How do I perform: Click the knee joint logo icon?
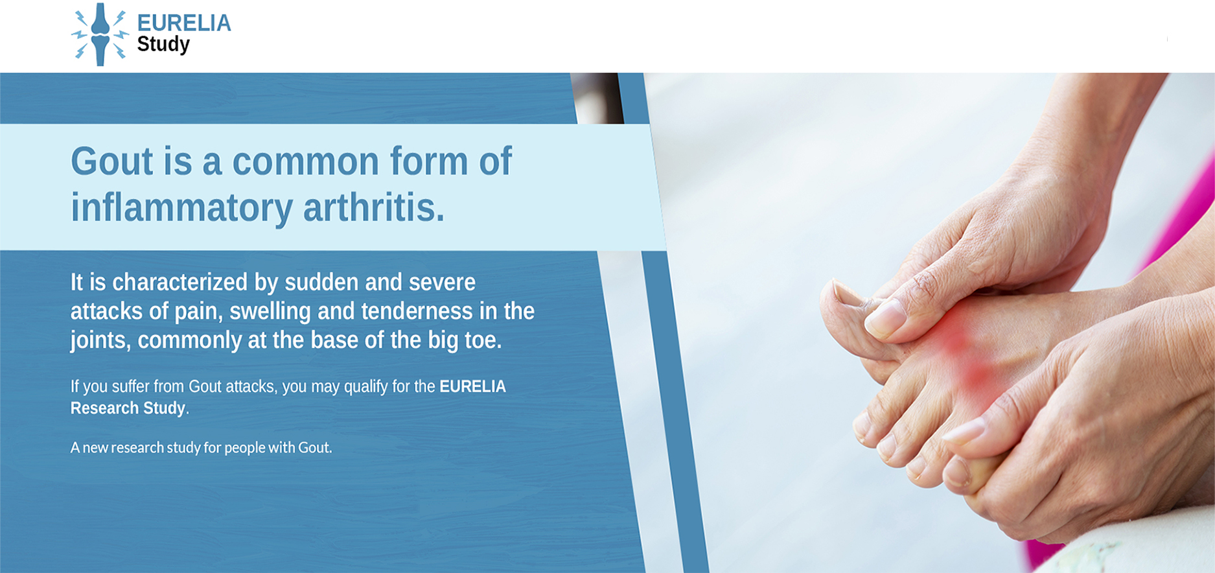click(100, 34)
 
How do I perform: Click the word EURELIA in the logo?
click(184, 23)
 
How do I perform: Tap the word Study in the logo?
click(163, 45)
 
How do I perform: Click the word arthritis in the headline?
click(374, 207)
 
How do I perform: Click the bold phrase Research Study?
click(128, 408)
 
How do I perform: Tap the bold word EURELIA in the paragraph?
click(472, 386)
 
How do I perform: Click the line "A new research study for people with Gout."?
click(201, 447)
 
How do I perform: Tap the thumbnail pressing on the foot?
click(885, 318)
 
